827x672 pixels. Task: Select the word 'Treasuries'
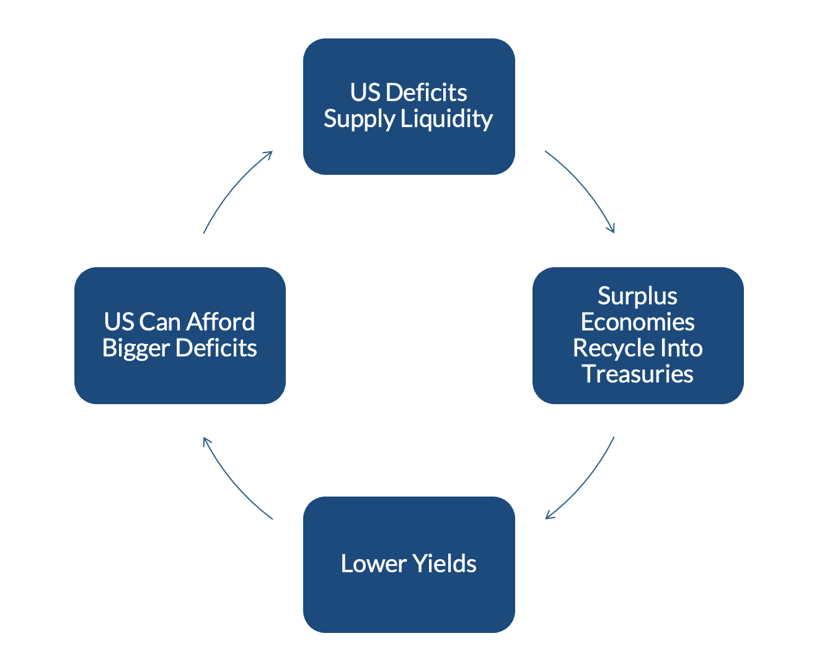637,374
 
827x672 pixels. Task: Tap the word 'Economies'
637,322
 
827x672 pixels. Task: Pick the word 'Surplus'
637,296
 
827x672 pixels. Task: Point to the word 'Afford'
220,322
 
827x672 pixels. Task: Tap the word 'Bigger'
136,348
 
